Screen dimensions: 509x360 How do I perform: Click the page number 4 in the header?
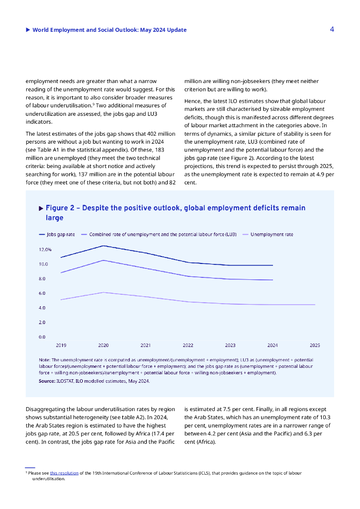332,29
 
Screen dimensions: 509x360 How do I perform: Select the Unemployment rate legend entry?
271,234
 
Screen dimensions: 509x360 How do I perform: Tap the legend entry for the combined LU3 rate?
163,234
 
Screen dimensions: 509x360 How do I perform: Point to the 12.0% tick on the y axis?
45,250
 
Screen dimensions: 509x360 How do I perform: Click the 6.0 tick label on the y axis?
43,293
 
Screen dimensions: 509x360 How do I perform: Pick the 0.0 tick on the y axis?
43,337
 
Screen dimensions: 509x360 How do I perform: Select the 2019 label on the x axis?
61,345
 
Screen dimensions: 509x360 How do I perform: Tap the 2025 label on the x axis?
315,345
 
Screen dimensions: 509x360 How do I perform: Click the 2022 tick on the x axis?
188,345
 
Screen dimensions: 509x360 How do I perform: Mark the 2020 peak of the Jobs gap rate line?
103,246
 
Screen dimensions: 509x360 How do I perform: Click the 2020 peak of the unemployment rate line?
103,292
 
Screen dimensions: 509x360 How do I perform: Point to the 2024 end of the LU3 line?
272,280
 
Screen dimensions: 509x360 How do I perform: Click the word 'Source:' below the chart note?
47,381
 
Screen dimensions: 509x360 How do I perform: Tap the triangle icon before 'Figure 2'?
41,208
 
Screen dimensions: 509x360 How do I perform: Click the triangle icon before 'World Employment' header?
28,30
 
